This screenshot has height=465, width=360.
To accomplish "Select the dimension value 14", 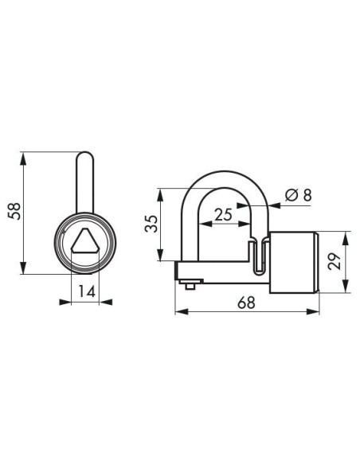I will coord(86,292).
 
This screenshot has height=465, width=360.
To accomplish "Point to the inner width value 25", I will coord(224,213).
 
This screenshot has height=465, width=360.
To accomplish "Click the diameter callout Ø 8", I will coord(290,195).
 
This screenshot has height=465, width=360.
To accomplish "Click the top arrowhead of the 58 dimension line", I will coord(25,154).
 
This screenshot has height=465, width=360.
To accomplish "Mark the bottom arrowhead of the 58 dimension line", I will coord(25,270).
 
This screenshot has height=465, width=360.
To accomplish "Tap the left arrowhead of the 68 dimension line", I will coord(178,311).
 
